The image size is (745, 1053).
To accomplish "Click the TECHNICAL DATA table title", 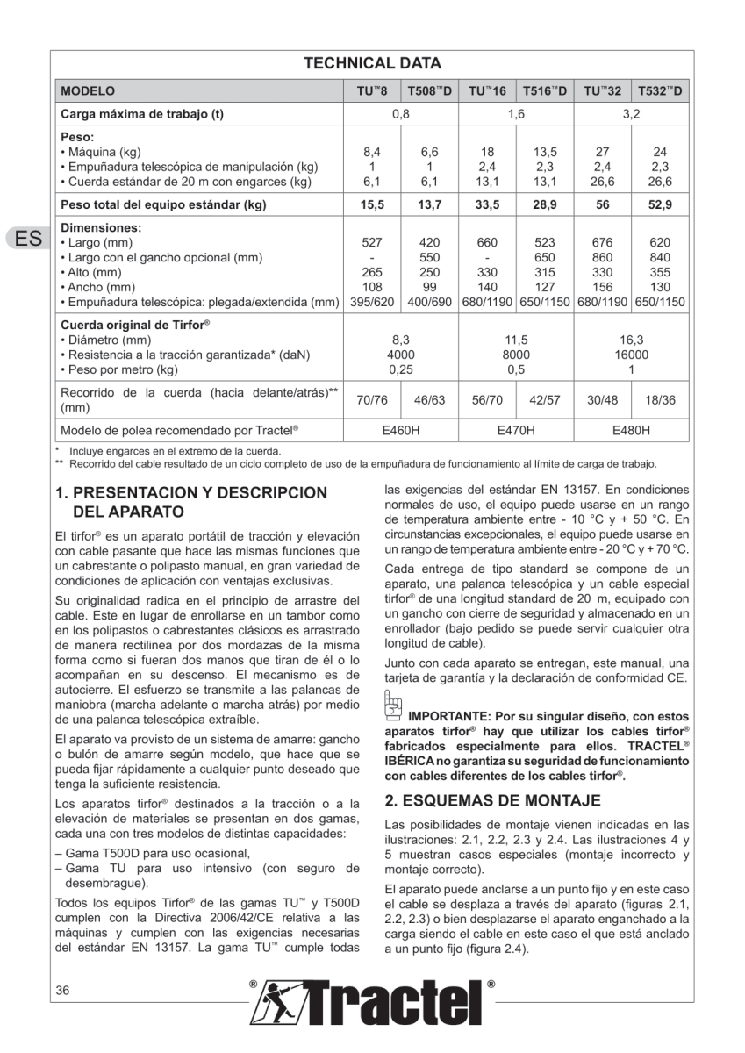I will (x=372, y=63).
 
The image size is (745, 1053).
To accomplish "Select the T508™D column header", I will (x=429, y=90).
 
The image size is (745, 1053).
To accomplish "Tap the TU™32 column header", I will (x=602, y=90).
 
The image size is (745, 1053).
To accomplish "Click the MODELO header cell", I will (x=88, y=90).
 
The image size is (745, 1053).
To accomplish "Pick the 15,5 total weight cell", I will (x=372, y=205).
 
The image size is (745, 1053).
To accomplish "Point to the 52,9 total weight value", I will (x=659, y=205).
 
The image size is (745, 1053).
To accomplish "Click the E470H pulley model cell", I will (x=516, y=430).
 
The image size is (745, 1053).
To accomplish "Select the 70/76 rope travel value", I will (x=372, y=399).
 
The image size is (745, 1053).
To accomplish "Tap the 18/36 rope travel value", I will (x=659, y=399).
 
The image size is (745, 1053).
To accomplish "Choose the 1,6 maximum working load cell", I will (x=516, y=113).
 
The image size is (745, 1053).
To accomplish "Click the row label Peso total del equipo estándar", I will (x=163, y=205).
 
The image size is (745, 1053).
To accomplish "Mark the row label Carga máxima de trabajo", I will (x=141, y=113).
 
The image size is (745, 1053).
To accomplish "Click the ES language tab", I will (x=25, y=239).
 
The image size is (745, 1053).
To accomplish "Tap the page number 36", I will (x=62, y=991).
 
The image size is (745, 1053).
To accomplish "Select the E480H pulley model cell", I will (x=631, y=430).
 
